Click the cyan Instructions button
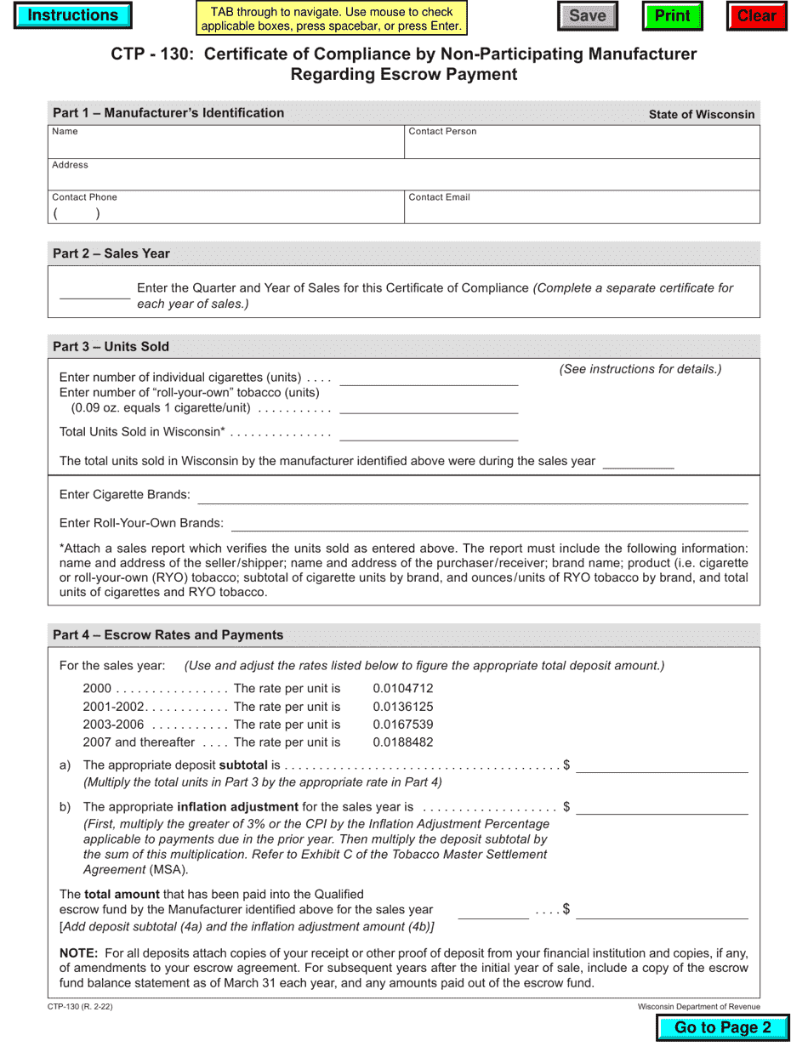72,15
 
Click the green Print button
672,16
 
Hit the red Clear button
756,16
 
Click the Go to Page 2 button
722,1027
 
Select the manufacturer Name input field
225,146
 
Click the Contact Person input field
582,146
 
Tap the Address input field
404,179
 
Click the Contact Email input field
582,212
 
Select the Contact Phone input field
225,213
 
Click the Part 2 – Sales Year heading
111,253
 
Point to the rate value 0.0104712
402,689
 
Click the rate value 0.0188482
402,742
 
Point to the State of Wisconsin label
701,114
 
